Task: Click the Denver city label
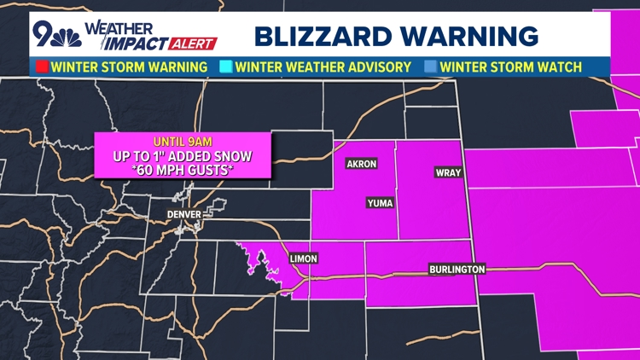pyautogui.click(x=183, y=214)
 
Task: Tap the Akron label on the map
pyautogui.click(x=361, y=164)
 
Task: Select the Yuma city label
pyautogui.click(x=379, y=202)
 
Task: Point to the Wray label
pyautogui.click(x=448, y=172)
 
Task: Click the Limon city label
pyautogui.click(x=303, y=258)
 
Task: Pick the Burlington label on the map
pyautogui.click(x=457, y=270)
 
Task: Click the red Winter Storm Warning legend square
pyautogui.click(x=41, y=67)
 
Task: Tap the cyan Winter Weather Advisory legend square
pyautogui.click(x=225, y=67)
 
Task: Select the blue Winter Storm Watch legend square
pyautogui.click(x=431, y=67)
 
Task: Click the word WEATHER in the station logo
pyautogui.click(x=127, y=27)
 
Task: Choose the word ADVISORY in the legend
pyautogui.click(x=376, y=67)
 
